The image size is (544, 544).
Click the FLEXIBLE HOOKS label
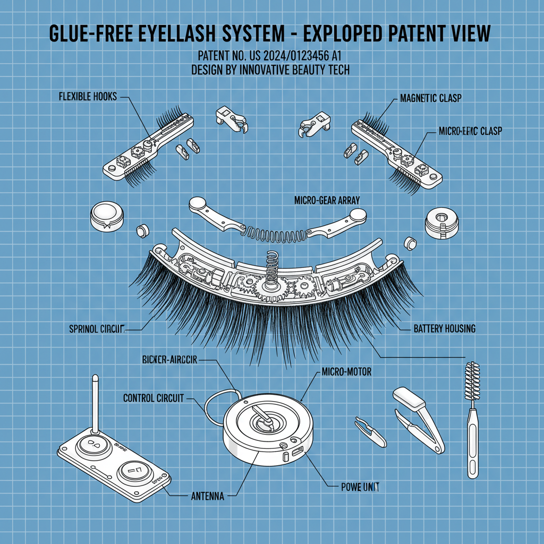coord(87,97)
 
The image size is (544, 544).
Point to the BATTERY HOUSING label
coord(444,329)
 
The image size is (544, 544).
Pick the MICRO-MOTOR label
coord(346,372)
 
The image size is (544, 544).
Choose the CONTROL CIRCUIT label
coord(154,398)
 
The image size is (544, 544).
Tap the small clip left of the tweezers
coord(371,430)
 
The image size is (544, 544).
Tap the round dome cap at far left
coord(107,217)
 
